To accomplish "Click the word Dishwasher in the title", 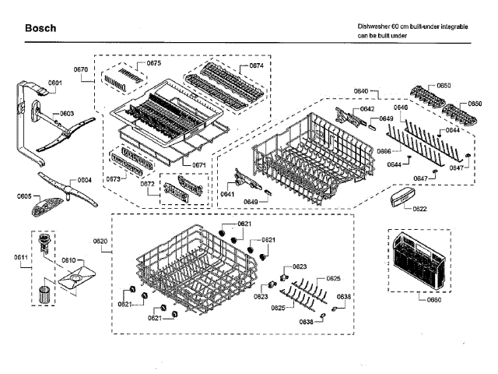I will [x=373, y=26].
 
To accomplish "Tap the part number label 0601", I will [x=54, y=82].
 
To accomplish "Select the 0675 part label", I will [x=153, y=63].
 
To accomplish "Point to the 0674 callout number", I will [x=256, y=66].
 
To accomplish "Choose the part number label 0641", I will [x=227, y=193].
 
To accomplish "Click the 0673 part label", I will [x=113, y=178].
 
